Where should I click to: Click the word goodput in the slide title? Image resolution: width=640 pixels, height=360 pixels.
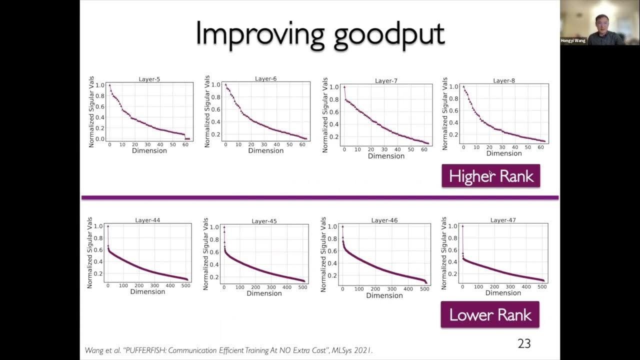click(384, 35)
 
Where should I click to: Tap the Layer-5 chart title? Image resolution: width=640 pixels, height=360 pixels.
click(149, 79)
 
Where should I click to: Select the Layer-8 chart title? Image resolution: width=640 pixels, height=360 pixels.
click(504, 80)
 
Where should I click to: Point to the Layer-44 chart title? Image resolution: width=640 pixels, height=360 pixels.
click(147, 220)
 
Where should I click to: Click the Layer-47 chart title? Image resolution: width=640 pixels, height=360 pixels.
click(503, 220)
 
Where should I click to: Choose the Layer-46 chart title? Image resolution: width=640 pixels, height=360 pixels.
click(384, 220)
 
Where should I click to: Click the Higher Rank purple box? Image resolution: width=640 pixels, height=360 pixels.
click(490, 176)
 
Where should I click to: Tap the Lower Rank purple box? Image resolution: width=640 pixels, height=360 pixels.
click(490, 314)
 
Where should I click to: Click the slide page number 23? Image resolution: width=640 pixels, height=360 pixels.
click(524, 343)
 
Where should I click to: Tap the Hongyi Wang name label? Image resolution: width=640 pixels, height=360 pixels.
click(573, 40)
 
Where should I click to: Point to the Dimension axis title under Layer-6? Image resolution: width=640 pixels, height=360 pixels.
click(265, 150)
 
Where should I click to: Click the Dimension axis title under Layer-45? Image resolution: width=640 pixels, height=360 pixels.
click(264, 293)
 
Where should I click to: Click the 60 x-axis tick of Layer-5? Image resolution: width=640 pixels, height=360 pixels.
click(185, 144)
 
